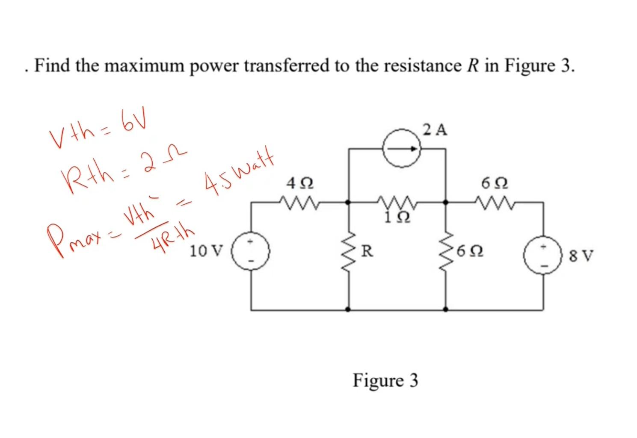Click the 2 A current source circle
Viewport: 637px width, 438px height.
click(x=402, y=149)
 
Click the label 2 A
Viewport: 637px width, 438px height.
click(x=435, y=130)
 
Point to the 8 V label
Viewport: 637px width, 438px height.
click(x=581, y=256)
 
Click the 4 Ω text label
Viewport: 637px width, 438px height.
click(x=300, y=184)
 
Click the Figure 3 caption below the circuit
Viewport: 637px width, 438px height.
click(x=385, y=380)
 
